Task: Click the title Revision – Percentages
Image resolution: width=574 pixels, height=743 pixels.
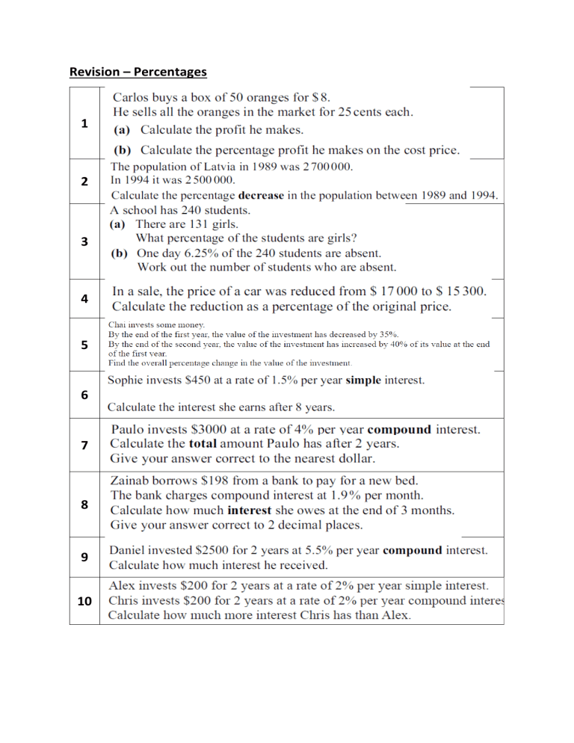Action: pyautogui.click(x=138, y=72)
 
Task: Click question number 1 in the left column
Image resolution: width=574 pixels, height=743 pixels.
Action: pyautogui.click(x=84, y=123)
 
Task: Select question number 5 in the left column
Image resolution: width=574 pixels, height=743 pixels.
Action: pyautogui.click(x=84, y=345)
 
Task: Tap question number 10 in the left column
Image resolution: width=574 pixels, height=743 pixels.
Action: pyautogui.click(x=84, y=601)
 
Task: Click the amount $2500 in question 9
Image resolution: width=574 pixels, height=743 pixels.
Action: pyautogui.click(x=220, y=550)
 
